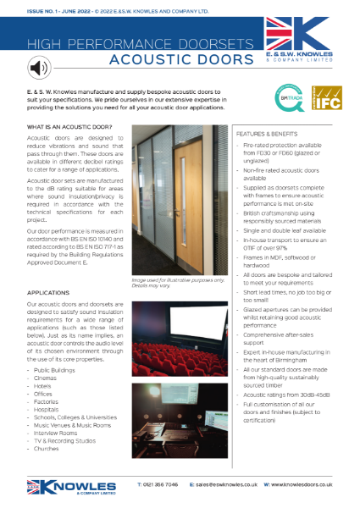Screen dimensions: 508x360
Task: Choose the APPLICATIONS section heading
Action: (47, 293)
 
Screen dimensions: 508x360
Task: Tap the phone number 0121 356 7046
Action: (158, 484)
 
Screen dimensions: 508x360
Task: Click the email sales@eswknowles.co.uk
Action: (224, 484)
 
